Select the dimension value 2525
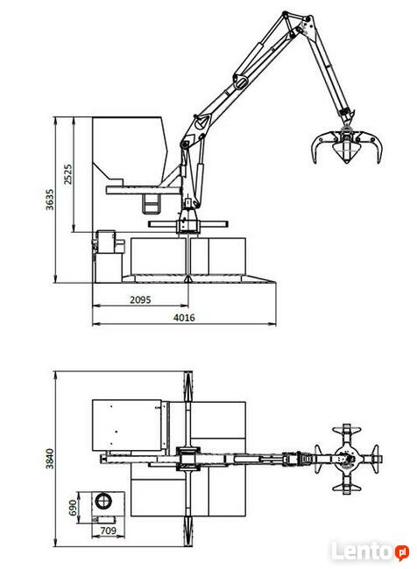tap(68, 173)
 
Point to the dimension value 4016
tap(183, 318)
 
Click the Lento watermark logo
tap(369, 551)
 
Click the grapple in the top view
tap(349, 458)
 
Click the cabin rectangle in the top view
tap(128, 425)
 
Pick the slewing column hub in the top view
tap(188, 458)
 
